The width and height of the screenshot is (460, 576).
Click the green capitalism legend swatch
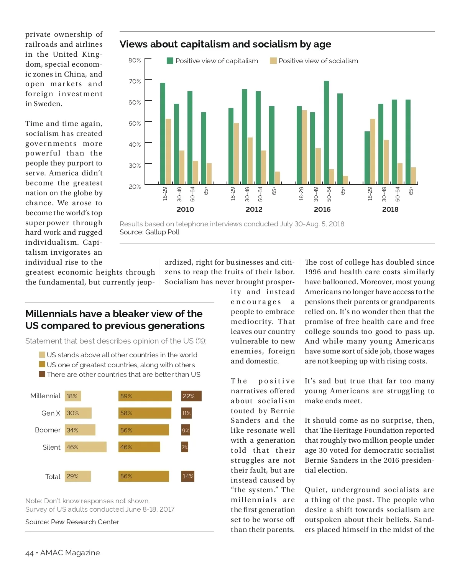tap(170, 61)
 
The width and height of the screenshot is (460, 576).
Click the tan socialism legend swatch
tap(273, 61)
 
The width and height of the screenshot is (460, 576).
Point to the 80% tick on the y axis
tap(135, 60)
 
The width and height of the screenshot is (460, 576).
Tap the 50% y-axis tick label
tap(135, 123)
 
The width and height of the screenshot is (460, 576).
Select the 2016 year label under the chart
tap(322, 209)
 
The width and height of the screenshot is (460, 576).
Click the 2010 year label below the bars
tap(185, 209)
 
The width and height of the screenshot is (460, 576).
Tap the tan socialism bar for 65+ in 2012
tap(277, 178)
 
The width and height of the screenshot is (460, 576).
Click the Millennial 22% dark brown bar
tap(191, 396)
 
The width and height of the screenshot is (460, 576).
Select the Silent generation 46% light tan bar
tap(85, 447)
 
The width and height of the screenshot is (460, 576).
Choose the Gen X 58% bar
tap(145, 413)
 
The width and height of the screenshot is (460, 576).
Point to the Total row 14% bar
tap(188, 476)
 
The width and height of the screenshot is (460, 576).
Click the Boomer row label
tap(48, 430)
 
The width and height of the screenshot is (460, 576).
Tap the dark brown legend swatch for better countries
tap(42, 374)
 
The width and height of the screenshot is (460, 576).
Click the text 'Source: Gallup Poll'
tap(149, 232)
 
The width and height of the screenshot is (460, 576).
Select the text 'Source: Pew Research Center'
tap(72, 522)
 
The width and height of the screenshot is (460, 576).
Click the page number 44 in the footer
tap(29, 553)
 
